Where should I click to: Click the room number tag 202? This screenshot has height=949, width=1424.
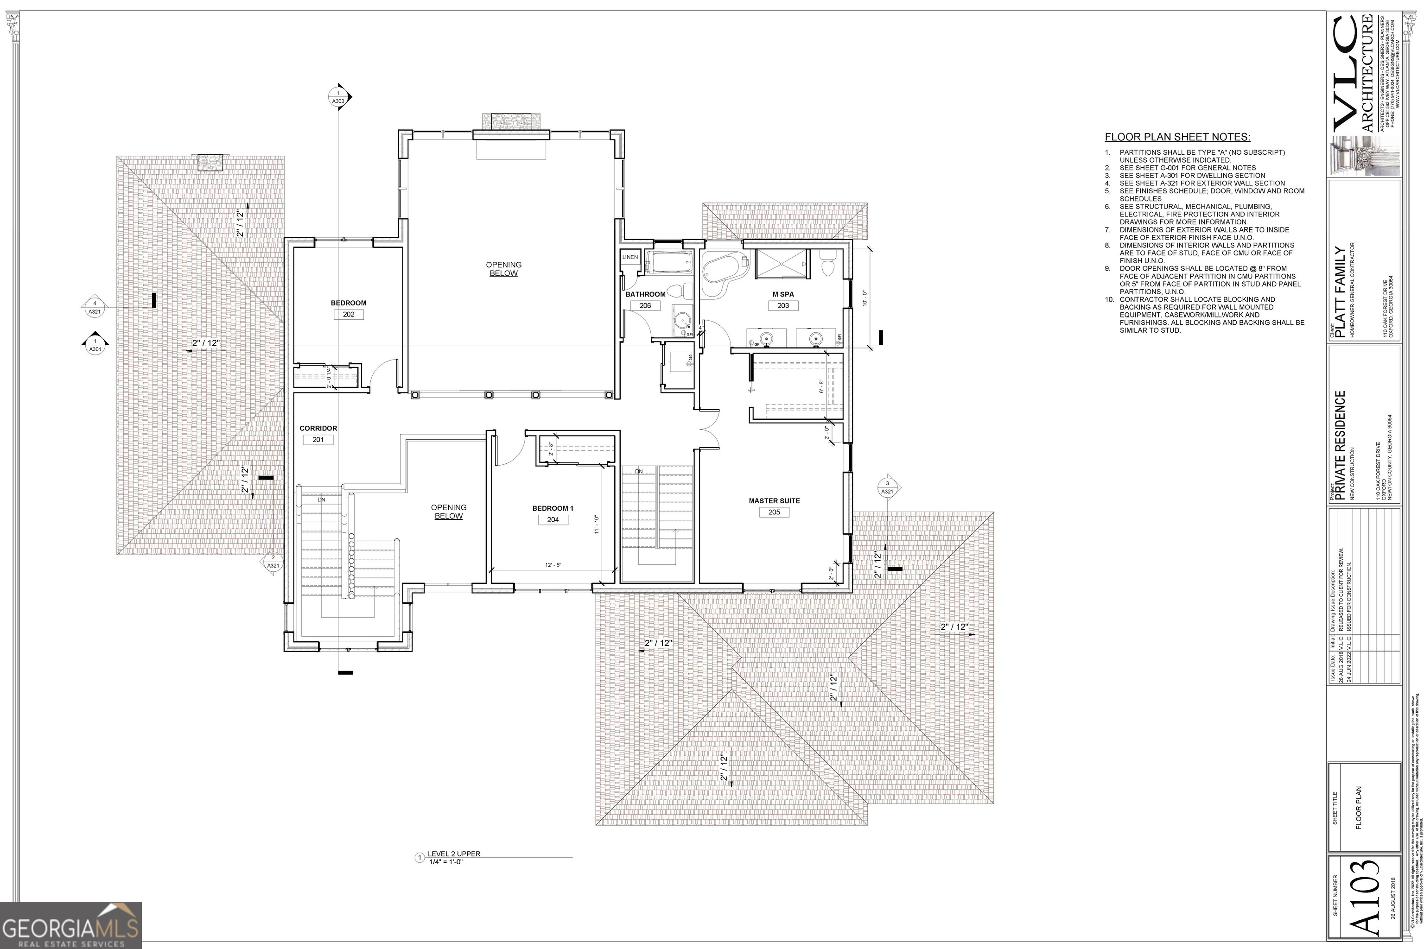348,315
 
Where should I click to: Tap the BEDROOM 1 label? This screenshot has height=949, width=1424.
552,508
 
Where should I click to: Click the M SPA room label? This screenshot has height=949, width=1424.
783,295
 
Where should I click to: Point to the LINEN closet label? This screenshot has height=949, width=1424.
629,257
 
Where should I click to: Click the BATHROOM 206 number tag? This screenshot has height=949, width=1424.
645,306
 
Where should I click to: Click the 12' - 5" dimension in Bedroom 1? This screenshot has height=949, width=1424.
553,565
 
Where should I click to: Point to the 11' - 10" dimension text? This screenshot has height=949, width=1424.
597,524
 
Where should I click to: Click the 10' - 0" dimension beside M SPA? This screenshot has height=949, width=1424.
865,298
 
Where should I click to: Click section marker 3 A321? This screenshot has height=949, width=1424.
887,487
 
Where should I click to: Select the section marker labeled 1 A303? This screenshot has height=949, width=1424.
338,97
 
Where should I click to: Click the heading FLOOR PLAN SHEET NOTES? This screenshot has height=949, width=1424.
1177,137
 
